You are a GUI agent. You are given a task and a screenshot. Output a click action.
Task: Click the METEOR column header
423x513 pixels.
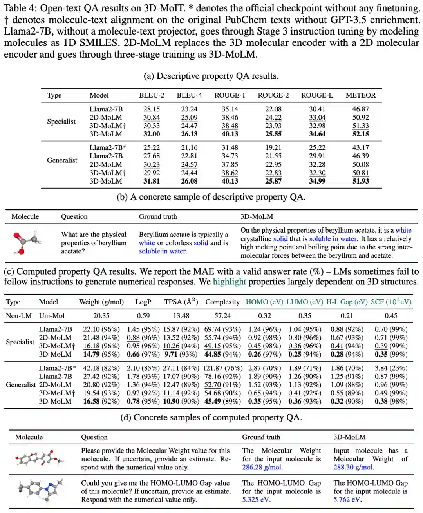(x=360, y=95)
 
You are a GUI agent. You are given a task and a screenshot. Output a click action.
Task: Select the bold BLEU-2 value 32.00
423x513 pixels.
(x=152, y=134)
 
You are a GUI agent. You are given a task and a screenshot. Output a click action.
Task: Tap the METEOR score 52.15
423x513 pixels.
(x=360, y=134)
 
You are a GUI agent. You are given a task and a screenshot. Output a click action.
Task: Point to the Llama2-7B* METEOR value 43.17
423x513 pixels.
(x=360, y=148)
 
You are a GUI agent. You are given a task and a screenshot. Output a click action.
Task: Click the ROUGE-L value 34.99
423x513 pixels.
(x=317, y=181)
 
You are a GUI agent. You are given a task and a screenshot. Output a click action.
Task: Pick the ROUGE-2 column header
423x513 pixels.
(x=273, y=95)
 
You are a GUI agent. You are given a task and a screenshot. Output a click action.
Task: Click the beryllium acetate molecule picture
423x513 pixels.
(x=26, y=242)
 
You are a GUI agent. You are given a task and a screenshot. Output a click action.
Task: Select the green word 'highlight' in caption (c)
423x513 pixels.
(x=229, y=282)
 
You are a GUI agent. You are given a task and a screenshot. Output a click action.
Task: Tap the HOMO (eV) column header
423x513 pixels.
(x=264, y=302)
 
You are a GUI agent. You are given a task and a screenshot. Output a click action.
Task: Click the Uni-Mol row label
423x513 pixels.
(x=52, y=316)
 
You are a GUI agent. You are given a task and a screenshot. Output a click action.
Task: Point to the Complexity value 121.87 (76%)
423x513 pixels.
(x=222, y=368)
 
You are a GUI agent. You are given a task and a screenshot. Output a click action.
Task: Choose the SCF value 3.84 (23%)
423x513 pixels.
(x=391, y=368)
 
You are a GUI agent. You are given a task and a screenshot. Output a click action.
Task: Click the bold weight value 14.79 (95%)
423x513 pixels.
(x=101, y=354)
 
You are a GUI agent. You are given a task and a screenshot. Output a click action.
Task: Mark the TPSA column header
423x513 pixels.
(x=181, y=302)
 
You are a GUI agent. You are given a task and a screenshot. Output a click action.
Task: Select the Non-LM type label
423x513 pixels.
(x=19, y=316)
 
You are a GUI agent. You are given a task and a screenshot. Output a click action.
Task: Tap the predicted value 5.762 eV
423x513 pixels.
(x=347, y=500)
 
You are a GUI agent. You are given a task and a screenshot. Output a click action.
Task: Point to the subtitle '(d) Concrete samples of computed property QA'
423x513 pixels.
(x=211, y=418)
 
